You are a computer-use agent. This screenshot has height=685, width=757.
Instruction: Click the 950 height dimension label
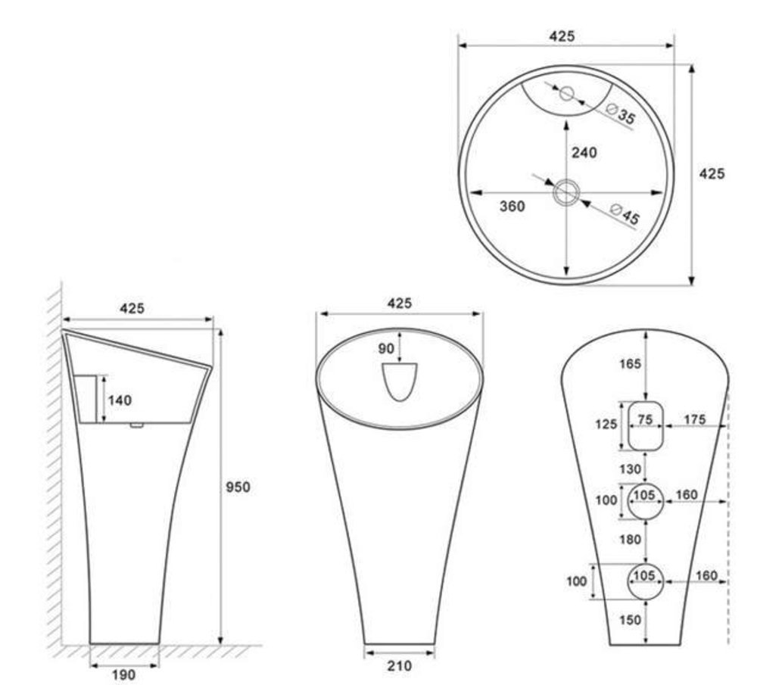tap(238, 487)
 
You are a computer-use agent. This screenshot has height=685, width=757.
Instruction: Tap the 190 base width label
tap(123, 675)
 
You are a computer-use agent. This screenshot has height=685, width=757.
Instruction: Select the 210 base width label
tap(399, 666)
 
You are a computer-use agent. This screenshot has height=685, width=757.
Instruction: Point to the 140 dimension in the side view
tap(120, 400)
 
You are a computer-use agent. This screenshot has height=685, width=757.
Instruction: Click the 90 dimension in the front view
tap(386, 348)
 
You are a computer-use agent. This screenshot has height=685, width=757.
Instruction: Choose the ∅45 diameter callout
tap(625, 214)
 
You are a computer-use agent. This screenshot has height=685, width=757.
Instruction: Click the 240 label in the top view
tap(584, 153)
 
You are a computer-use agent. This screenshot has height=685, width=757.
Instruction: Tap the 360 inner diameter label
tap(512, 206)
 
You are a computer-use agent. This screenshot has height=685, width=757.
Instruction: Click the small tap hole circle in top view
tap(567, 92)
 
